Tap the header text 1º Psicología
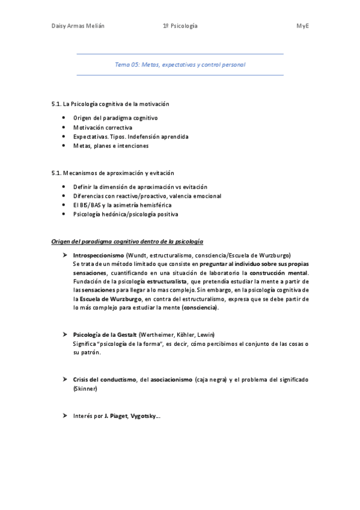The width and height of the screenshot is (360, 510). tap(180, 26)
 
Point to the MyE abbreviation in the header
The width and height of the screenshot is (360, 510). tap(302, 26)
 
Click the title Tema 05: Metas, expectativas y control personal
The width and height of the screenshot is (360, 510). tap(180, 64)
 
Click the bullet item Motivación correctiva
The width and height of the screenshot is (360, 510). tap(103, 127)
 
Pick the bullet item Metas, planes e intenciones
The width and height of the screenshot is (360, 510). tap(111, 146)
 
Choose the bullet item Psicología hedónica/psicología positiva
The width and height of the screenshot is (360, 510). tap(126, 214)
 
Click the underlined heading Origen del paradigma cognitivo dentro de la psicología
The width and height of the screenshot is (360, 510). tap(127, 242)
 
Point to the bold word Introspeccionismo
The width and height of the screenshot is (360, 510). tap(98, 255)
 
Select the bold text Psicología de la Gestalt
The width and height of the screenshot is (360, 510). tap(105, 334)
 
